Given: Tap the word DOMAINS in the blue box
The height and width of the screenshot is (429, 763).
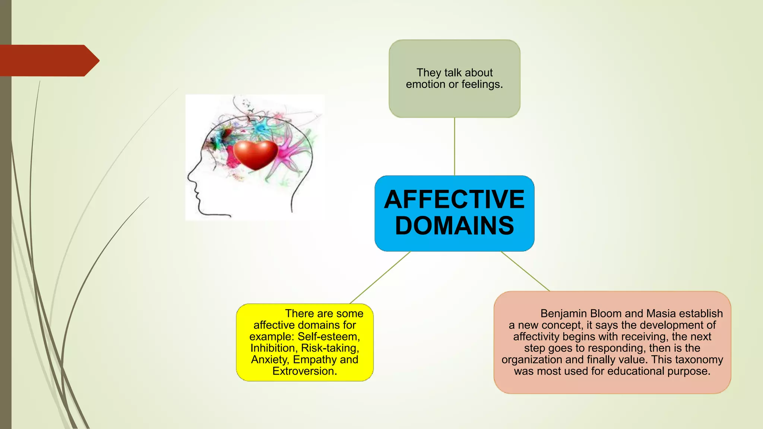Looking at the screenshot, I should click(454, 226).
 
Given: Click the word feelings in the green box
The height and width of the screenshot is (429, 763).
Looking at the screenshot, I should click(482, 85).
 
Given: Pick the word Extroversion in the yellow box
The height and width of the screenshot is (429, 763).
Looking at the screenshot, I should click(304, 371).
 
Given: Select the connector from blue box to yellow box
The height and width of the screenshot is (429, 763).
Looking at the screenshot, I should click(380, 277).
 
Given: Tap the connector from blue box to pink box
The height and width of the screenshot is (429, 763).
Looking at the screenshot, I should click(525, 271).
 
